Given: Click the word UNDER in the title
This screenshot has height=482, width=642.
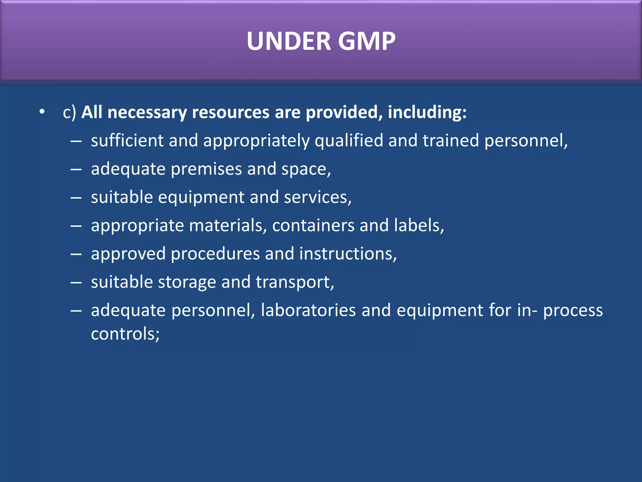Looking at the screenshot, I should click(x=289, y=41).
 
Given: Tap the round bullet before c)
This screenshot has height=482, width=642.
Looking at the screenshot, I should click(x=42, y=112).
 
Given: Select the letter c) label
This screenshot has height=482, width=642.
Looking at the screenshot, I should click(x=69, y=112).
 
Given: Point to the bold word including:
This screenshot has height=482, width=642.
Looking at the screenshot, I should click(x=427, y=112).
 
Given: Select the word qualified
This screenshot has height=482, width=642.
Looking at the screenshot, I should click(x=349, y=141).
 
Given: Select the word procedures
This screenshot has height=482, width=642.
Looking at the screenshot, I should click(x=215, y=254).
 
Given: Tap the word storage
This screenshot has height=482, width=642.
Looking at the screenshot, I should click(x=187, y=282).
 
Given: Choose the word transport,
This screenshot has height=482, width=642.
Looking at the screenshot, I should click(x=295, y=282).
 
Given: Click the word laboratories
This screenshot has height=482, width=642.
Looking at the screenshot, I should click(x=308, y=310).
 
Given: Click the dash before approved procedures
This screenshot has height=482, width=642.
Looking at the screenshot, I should click(x=76, y=254).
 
